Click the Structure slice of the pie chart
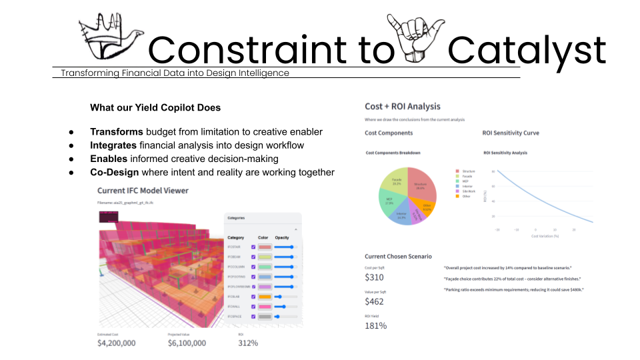pos(421,188)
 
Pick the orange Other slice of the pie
pos(427,208)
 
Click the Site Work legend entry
pos(467,190)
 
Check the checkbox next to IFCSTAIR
pos(253,247)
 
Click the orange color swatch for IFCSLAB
pos(265,297)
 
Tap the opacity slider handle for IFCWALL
pos(284,307)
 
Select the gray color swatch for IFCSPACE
pos(265,317)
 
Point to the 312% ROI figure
pos(248,343)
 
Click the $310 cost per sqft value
pos(375,277)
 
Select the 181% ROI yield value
pos(376,325)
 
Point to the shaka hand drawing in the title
pos(419,42)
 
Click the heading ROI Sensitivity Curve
pos(511,133)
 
